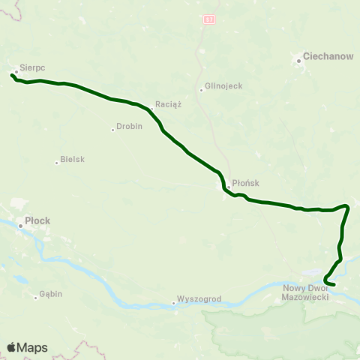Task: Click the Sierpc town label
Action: (33, 67)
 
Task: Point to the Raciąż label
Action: (168, 104)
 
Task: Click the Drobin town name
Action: (128, 128)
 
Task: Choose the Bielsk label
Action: (72, 160)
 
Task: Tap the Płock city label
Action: (37, 221)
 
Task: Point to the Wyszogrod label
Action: (199, 298)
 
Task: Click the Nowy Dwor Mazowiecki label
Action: (307, 293)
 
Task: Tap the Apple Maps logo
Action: (27, 347)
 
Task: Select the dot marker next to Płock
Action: (20, 222)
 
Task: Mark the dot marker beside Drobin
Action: (112, 129)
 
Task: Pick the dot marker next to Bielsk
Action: (56, 160)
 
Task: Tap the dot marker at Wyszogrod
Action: (173, 303)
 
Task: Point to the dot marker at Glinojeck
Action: (201, 91)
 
